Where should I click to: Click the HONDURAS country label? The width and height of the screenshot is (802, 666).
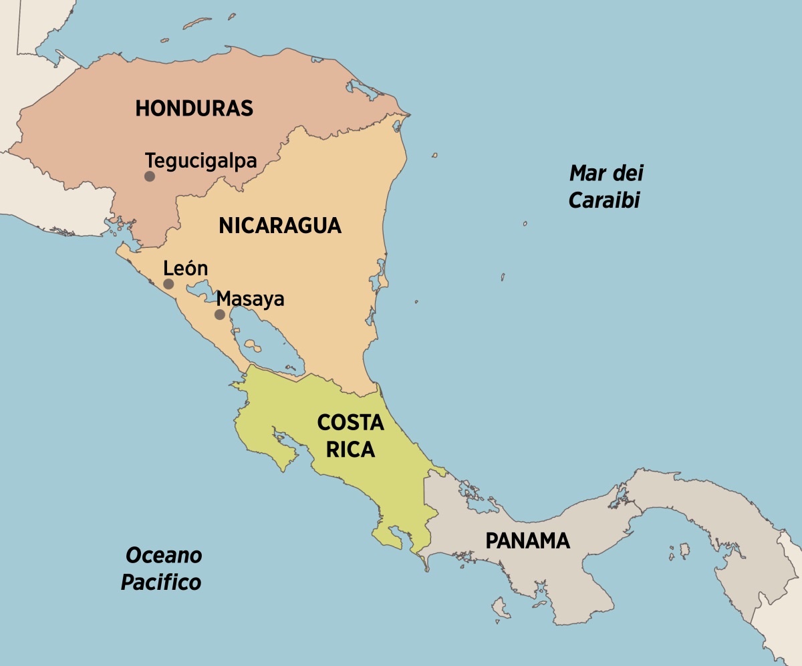194,108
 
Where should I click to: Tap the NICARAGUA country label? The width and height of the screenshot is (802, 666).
279,226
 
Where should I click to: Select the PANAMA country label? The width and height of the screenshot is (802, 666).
527,540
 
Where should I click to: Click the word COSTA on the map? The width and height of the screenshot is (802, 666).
350,422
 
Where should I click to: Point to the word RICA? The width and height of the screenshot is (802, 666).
350,450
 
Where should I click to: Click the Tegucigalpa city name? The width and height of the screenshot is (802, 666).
201,161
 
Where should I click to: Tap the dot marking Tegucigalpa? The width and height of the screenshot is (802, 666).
150,176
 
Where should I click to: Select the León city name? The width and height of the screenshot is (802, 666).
186,269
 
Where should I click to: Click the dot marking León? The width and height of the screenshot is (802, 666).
168,284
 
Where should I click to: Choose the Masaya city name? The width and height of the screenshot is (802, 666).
251,299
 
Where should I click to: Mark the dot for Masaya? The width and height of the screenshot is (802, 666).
219,314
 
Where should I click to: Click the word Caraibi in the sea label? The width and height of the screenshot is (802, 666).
604,200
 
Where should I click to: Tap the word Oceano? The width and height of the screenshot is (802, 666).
164,554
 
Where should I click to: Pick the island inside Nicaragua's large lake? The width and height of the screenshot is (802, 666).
252,345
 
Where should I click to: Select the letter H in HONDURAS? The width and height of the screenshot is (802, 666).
142,108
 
